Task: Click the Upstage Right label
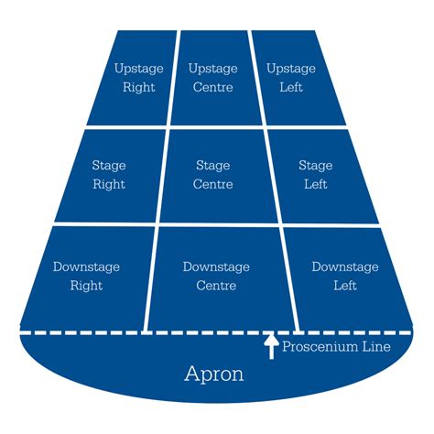tap(139, 78)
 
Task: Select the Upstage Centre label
tap(213, 78)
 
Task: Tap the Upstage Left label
tap(291, 78)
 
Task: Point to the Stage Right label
tap(109, 175)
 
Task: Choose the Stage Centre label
tap(213, 175)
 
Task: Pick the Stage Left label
tap(316, 175)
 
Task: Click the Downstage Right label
tap(86, 277)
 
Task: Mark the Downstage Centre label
tap(216, 277)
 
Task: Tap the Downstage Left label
tap(345, 277)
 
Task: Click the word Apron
tap(214, 374)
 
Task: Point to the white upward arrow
tap(271, 347)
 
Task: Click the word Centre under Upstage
tap(213, 87)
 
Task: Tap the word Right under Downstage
tap(86, 286)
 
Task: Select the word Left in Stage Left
tap(316, 184)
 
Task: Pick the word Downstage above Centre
tap(216, 267)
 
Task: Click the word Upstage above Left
tap(291, 69)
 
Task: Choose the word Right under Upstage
tap(139, 87)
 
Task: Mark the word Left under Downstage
tap(345, 286)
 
